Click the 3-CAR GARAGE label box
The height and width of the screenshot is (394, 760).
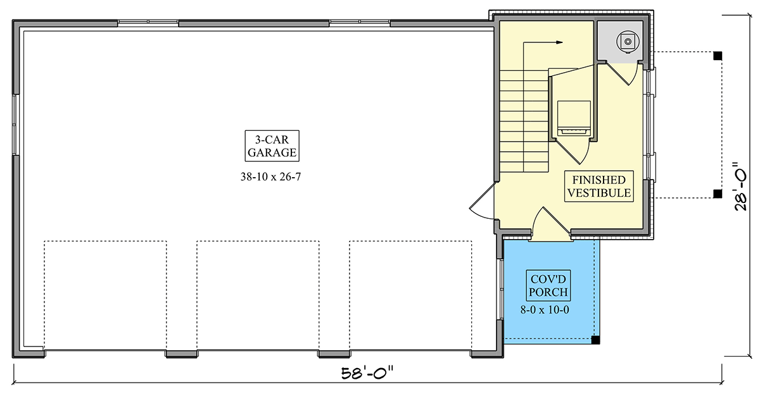[272, 145]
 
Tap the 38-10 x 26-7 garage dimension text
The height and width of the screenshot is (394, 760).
[271, 177]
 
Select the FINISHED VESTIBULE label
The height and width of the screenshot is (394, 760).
[599, 187]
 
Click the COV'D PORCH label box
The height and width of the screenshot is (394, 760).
[548, 286]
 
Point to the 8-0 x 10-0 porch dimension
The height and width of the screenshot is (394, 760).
[545, 310]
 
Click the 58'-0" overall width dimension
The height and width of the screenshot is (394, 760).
[367, 373]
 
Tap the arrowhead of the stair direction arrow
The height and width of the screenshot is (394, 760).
[559, 42]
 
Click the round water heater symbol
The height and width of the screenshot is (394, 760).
[628, 42]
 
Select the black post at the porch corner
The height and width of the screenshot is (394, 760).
[595, 340]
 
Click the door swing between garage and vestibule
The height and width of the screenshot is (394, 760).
[482, 201]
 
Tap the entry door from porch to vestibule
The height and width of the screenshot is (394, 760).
[552, 221]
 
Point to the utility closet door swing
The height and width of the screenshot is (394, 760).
[622, 74]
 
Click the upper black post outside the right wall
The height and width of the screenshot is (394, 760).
[718, 56]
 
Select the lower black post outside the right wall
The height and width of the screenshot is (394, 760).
[718, 194]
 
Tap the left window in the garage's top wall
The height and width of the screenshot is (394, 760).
[148, 23]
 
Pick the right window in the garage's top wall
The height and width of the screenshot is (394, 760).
[360, 23]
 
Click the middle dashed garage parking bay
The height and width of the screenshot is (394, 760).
[258, 295]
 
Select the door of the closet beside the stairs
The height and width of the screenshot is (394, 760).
[573, 152]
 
